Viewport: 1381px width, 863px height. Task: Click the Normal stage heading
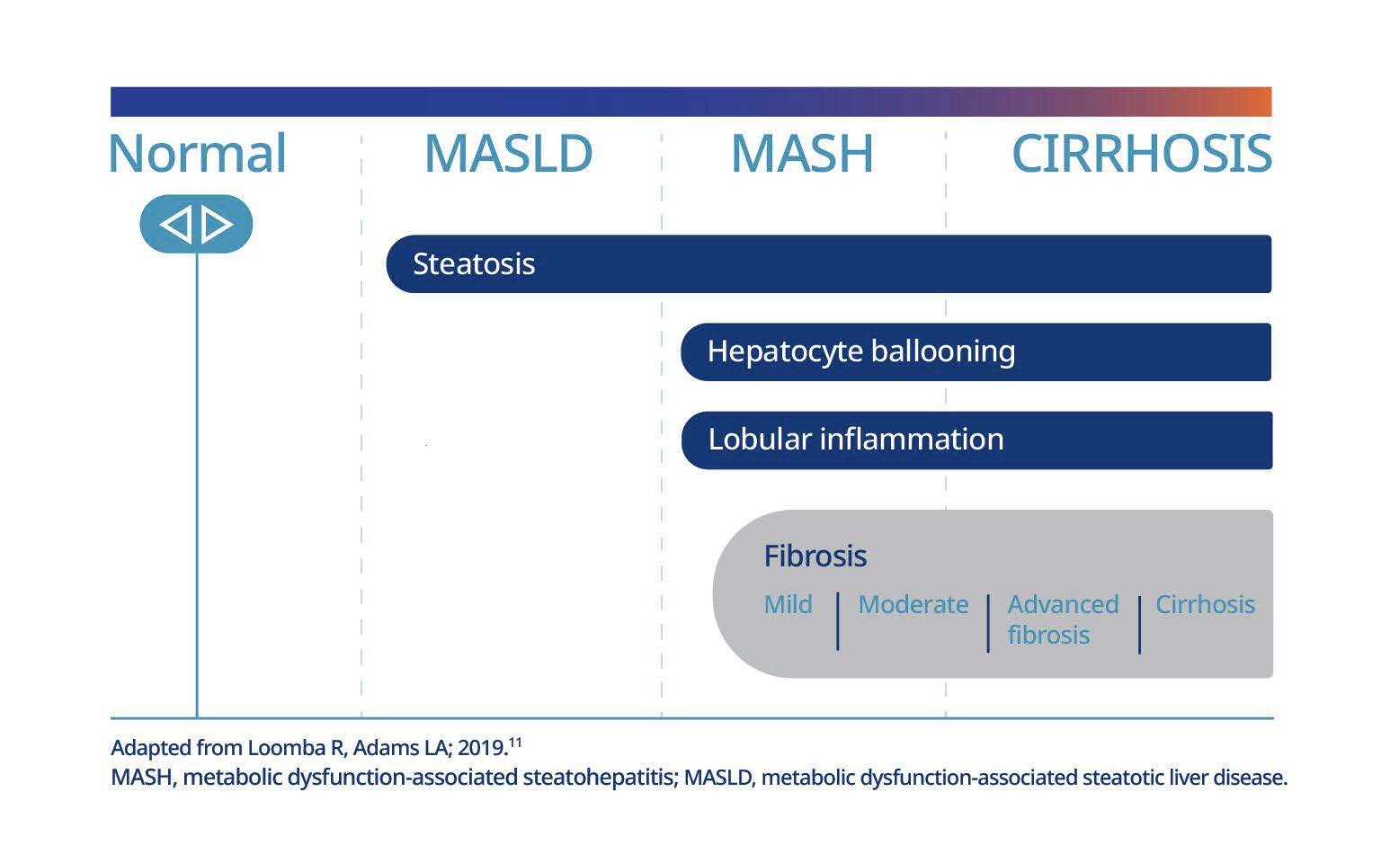point(197,154)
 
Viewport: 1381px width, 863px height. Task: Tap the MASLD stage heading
point(508,154)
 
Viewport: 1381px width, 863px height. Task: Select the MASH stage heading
point(802,154)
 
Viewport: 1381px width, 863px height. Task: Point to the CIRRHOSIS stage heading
point(1141,154)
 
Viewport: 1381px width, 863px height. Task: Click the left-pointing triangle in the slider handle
point(176,224)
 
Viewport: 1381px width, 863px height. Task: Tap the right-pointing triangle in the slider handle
point(217,224)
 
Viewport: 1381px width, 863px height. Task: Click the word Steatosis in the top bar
point(474,264)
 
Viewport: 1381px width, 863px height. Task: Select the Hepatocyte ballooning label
point(860,351)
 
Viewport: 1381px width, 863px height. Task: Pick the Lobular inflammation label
point(855,440)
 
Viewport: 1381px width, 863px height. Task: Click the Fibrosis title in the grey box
point(815,556)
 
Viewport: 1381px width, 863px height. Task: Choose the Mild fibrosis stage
point(788,604)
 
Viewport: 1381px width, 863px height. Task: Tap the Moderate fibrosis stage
point(913,604)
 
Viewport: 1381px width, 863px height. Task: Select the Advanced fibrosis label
point(1063,619)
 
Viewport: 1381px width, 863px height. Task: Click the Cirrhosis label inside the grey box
point(1205,604)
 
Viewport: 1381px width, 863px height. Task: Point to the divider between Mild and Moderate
point(838,621)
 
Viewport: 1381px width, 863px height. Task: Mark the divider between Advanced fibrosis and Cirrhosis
point(1139,624)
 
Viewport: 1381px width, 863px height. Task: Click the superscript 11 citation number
point(515,743)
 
